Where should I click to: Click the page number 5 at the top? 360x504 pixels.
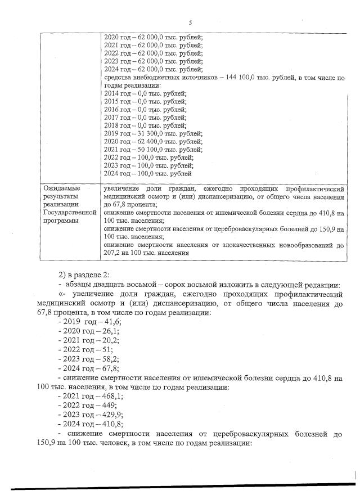190,22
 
